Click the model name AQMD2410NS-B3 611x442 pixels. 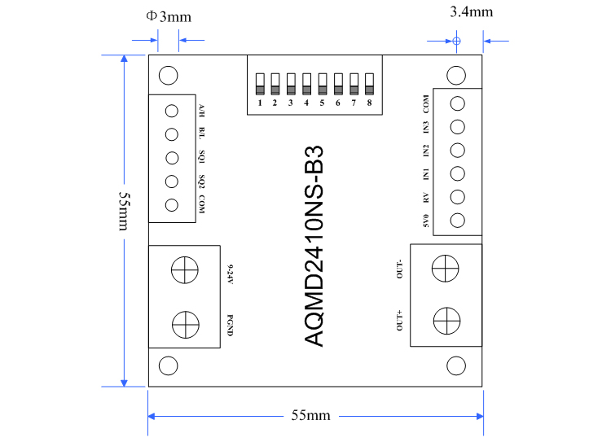click(314, 247)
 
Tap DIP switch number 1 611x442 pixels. click(260, 83)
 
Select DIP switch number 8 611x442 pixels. click(369, 83)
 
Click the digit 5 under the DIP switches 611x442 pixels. click(322, 103)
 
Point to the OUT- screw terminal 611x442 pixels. click(445, 268)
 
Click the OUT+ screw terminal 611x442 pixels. click(445, 319)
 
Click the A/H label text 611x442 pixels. click(201, 111)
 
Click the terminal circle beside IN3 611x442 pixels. click(458, 127)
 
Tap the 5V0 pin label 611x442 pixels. click(425, 220)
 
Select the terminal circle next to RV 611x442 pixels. click(458, 197)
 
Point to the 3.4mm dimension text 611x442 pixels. click(471, 11)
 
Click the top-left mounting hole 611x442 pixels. click(169, 76)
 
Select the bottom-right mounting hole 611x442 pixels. click(456, 365)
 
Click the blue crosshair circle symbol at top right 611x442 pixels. click(456, 40)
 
